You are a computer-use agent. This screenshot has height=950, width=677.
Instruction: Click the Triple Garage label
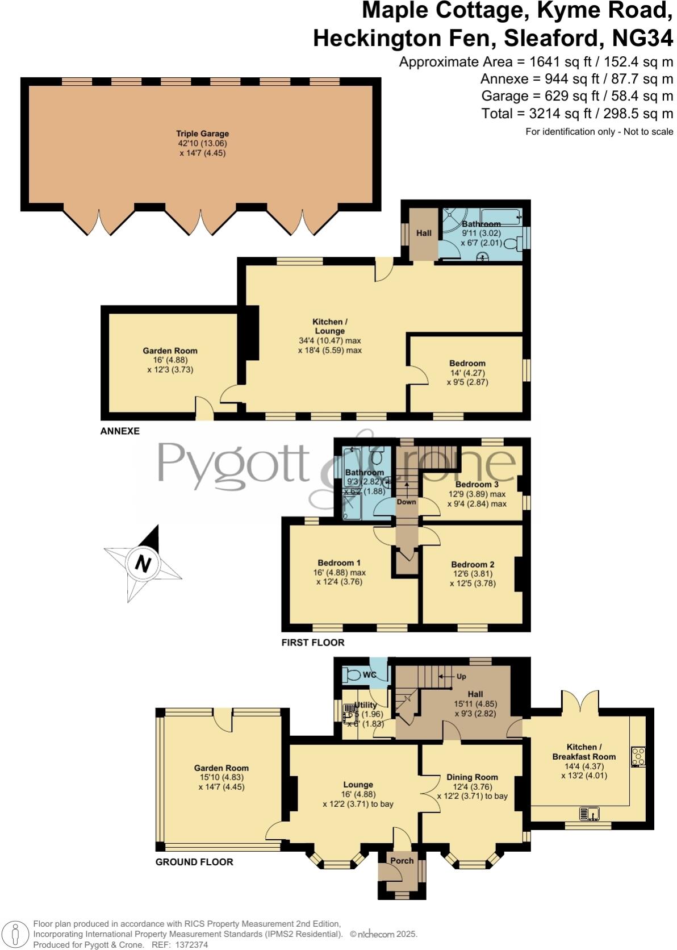[202, 134]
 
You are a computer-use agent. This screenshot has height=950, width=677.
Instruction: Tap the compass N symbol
[143, 564]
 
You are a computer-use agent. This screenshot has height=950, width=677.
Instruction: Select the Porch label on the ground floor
[402, 860]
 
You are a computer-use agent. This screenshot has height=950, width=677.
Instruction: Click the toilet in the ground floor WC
[354, 676]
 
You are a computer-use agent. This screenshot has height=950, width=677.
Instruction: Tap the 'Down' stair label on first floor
[407, 502]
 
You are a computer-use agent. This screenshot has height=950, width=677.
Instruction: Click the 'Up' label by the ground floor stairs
[461, 677]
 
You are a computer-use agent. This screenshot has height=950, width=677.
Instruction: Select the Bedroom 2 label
[473, 564]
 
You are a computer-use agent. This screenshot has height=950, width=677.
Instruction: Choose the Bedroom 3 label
[477, 484]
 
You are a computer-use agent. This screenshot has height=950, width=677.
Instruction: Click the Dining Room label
[472, 777]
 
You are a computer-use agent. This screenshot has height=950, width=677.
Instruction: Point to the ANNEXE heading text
[120, 431]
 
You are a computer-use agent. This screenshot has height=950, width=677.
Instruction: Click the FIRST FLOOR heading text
[313, 643]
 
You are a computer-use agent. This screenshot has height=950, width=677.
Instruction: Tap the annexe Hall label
[424, 233]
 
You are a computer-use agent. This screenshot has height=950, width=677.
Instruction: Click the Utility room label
[365, 705]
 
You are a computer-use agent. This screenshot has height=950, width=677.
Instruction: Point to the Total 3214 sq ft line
[577, 113]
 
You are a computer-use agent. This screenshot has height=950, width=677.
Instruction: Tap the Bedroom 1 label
[338, 562]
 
